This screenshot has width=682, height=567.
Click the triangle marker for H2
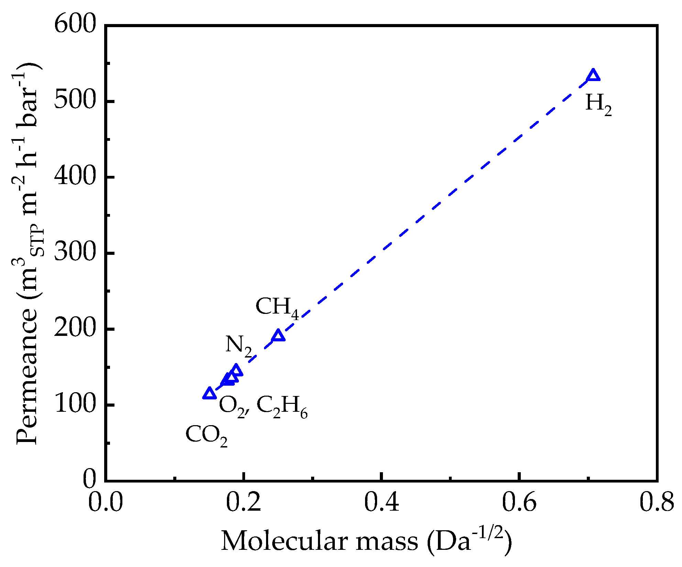coord(593,75)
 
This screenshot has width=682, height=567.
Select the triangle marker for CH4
coord(278,336)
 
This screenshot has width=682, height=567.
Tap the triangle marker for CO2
coord(210,394)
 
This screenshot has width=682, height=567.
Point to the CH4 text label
coord(277,307)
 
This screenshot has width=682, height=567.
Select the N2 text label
coord(239,345)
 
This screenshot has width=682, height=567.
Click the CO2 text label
coord(206,435)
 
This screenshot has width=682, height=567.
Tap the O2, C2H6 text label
coord(263,406)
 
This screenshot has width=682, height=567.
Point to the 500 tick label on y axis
coord(75,101)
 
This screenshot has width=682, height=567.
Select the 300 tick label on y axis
coord(75,253)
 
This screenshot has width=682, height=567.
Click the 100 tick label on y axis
coord(75,405)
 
